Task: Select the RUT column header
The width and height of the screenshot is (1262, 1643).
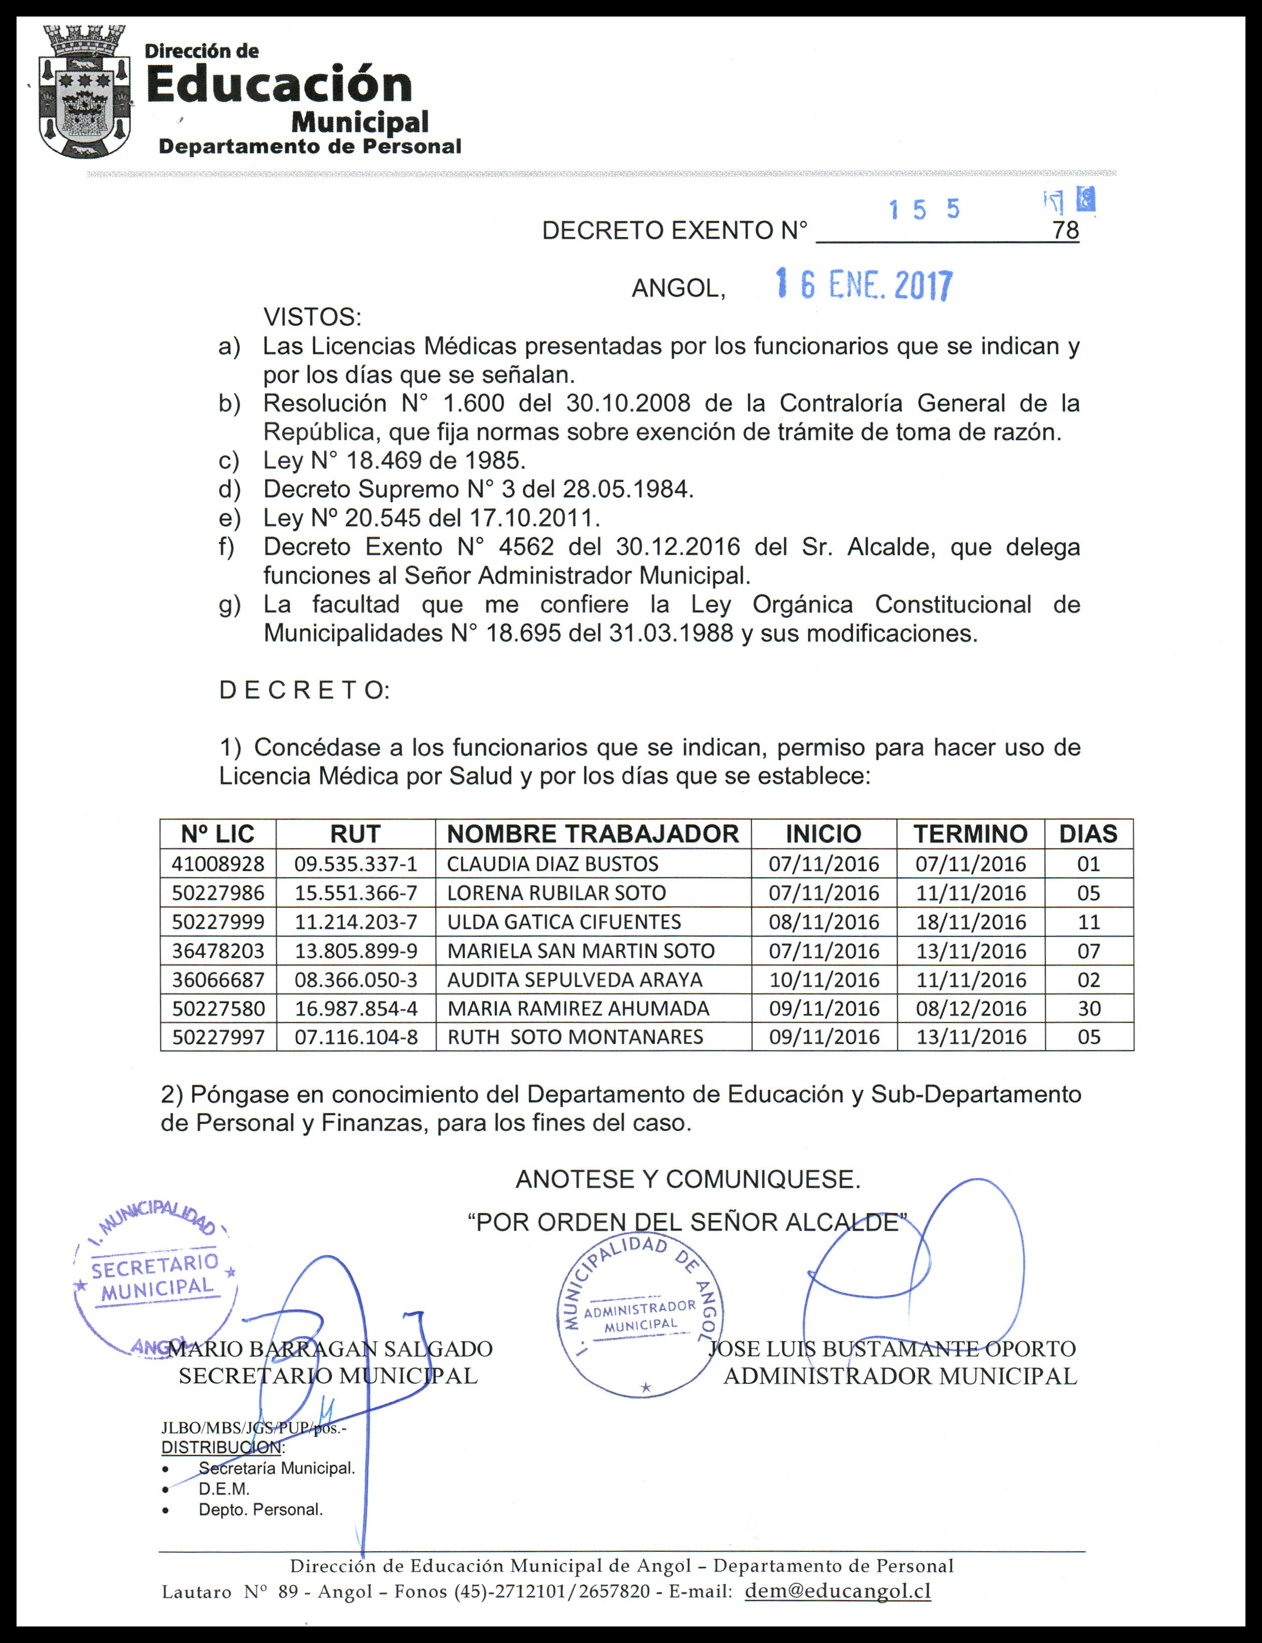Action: [355, 834]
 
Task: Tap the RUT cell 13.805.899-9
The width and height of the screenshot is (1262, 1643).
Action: [355, 951]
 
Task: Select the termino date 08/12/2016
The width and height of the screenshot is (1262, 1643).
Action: [971, 1008]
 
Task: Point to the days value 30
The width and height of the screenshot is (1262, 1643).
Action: [1089, 1008]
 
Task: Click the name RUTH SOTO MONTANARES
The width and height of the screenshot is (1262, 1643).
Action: [576, 1037]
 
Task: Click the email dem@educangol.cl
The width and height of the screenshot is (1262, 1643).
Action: [838, 1590]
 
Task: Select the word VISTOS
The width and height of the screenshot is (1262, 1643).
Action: [312, 318]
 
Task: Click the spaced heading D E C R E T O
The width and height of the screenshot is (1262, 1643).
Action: [304, 690]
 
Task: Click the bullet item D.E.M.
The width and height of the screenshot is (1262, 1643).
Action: [224, 1488]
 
